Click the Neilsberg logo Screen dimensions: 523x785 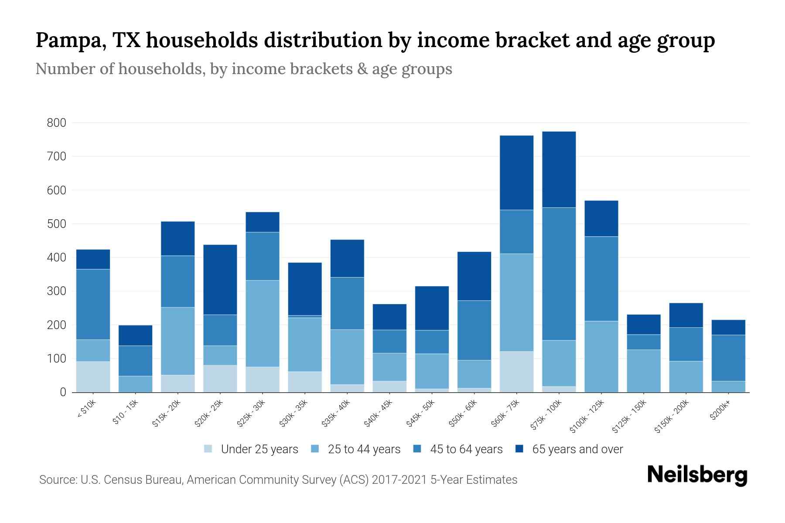coord(697,475)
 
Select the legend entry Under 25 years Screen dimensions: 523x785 coord(259,449)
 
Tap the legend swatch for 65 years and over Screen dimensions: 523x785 coord(519,449)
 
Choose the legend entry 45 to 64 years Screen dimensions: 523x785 coord(466,449)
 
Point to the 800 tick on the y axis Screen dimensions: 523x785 coord(57,123)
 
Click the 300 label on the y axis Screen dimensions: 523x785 coord(57,291)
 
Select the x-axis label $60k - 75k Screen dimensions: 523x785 coord(506,414)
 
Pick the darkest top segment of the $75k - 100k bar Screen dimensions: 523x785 coord(559,170)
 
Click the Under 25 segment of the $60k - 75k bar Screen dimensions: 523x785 coord(516,372)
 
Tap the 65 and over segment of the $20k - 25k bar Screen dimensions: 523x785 coord(220,279)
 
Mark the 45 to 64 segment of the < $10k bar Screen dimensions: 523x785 coord(93,304)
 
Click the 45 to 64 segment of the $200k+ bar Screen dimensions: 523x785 coord(728,358)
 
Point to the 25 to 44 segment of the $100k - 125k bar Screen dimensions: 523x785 coord(601,357)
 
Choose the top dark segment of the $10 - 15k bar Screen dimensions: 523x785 coord(135,335)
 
